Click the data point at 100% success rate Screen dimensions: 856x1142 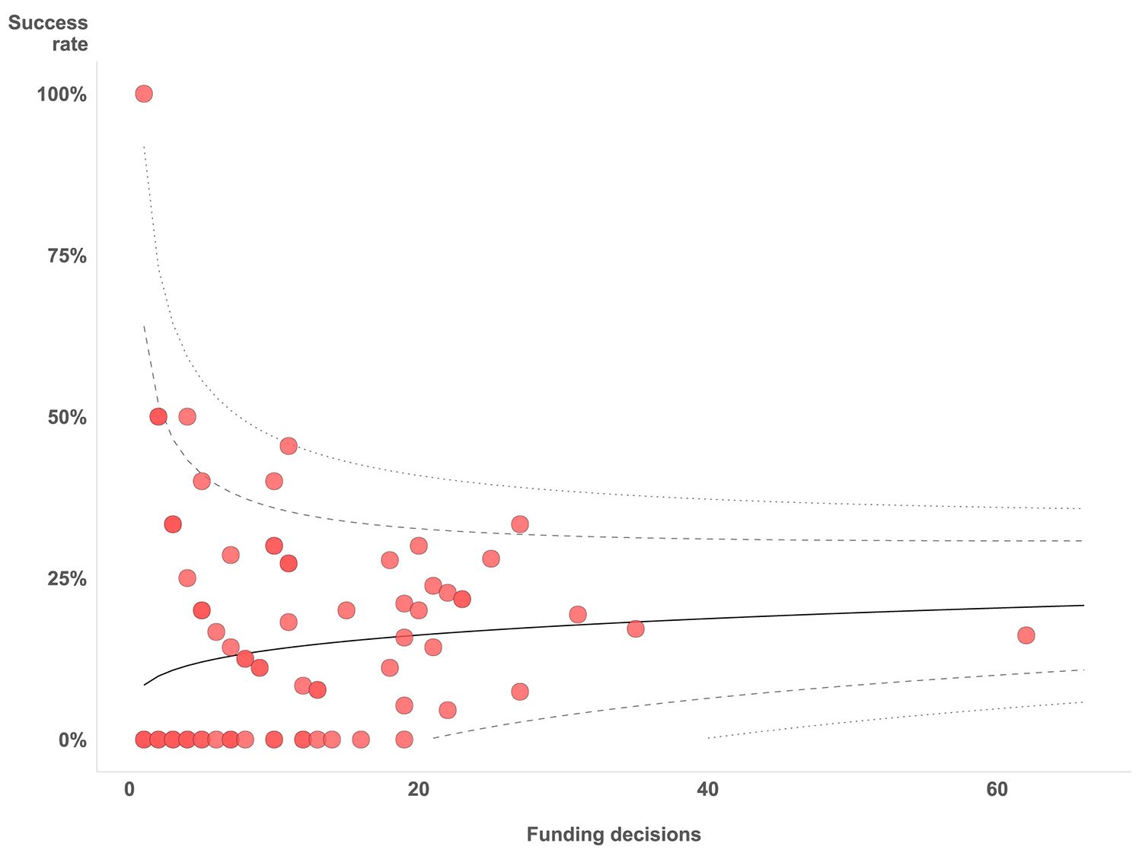(x=143, y=94)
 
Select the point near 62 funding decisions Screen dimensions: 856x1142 (x=1026, y=635)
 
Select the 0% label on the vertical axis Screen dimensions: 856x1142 (x=72, y=740)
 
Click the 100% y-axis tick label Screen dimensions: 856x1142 (x=62, y=95)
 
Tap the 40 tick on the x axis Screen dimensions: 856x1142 (x=707, y=790)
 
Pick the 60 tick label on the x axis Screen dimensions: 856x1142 (x=997, y=790)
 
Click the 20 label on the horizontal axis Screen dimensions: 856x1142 (x=418, y=790)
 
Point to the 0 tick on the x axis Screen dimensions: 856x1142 (x=129, y=790)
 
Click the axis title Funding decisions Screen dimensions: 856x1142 (x=614, y=835)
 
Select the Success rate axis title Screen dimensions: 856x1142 (x=49, y=33)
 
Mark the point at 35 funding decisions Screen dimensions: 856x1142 (x=635, y=628)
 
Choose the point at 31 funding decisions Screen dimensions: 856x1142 (x=578, y=614)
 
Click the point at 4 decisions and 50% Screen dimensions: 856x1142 (x=187, y=416)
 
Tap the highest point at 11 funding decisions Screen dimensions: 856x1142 (x=288, y=446)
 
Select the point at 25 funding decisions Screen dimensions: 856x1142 (x=491, y=558)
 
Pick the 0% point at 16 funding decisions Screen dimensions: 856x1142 (x=361, y=739)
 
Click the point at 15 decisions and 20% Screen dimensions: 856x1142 (x=346, y=610)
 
